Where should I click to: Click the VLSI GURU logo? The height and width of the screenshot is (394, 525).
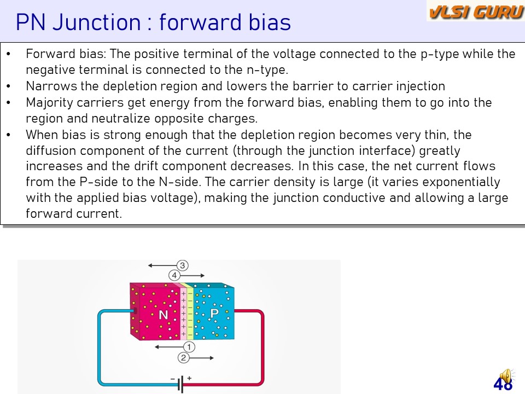[x=476, y=11]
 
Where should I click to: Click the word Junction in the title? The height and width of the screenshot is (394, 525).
[x=97, y=22]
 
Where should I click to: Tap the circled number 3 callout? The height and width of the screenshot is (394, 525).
[x=183, y=265]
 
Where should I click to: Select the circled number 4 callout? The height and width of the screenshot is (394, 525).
[x=174, y=275]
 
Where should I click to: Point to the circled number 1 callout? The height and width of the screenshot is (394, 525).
[x=189, y=347]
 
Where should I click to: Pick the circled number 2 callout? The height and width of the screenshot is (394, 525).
[x=183, y=358]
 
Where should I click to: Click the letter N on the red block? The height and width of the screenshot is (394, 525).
[x=164, y=315]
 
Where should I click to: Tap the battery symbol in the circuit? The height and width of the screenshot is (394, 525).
[x=181, y=384]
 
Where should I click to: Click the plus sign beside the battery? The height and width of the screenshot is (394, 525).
[x=189, y=378]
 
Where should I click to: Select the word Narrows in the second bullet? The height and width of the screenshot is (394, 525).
[x=51, y=86]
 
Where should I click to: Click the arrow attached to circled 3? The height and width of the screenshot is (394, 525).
[x=163, y=265]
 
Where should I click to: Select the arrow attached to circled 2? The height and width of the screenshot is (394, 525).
[x=201, y=358]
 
